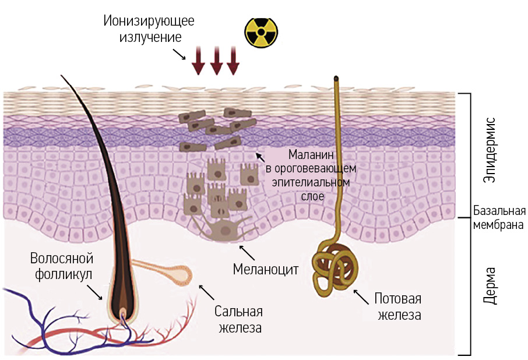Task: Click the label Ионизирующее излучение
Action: pos(149,29)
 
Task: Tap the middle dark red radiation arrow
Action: pos(216,61)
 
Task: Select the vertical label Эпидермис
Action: pos(490,150)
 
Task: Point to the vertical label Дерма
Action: pos(490,286)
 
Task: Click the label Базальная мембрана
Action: pos(499,217)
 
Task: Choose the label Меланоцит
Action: pos(265,270)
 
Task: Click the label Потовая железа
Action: pos(397,307)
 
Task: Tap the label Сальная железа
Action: pos(239,319)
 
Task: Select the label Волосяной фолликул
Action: pos(62,266)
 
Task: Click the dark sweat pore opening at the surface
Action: pos(336,78)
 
